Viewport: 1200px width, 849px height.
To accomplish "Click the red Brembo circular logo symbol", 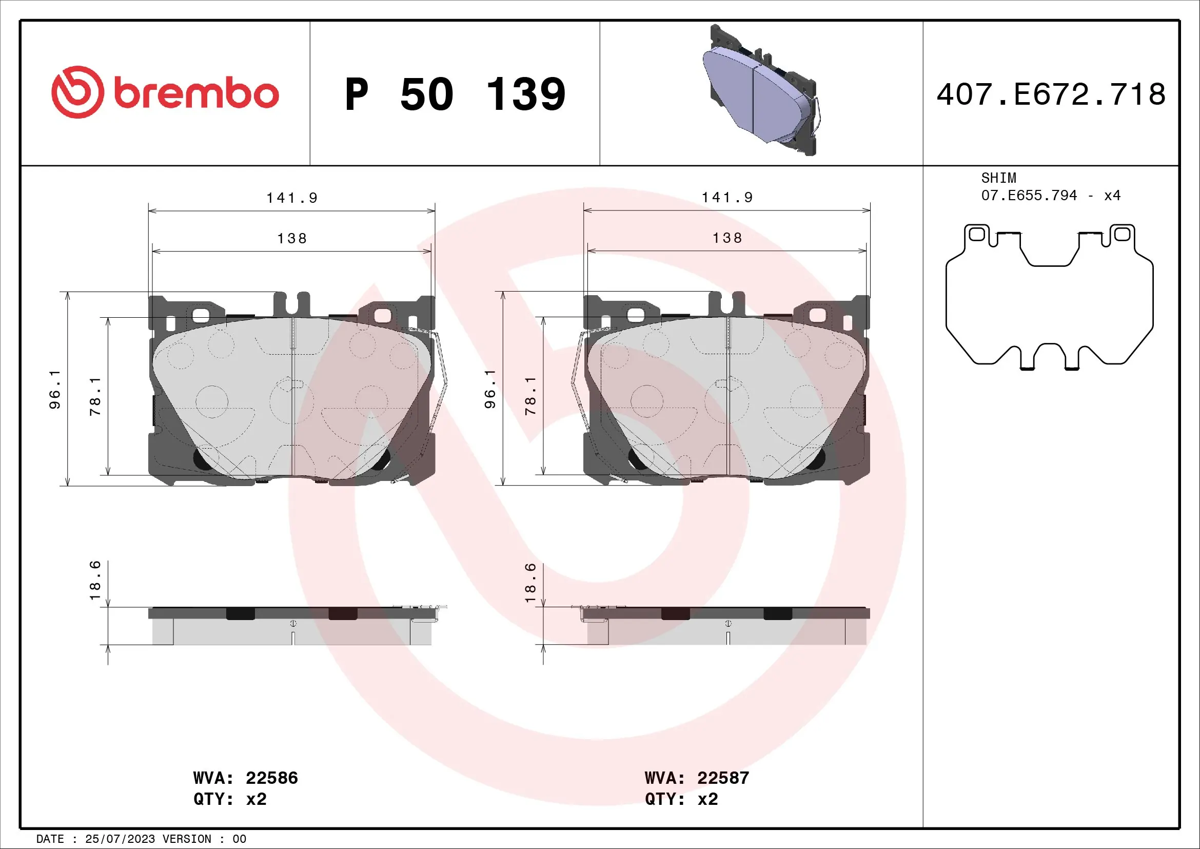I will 77,92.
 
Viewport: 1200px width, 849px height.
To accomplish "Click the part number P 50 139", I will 455,94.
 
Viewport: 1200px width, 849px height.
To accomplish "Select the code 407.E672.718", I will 1051,94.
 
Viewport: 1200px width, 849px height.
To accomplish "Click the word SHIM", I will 998,178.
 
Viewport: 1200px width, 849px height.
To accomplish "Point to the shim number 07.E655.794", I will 1029,196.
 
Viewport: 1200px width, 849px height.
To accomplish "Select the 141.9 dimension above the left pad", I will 291,198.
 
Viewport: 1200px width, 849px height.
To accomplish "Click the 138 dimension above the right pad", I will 727,238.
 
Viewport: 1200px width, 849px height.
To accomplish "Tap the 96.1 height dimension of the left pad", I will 54,390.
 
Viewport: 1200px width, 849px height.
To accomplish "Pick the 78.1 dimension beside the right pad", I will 530,396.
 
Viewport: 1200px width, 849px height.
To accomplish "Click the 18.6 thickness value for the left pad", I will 94,581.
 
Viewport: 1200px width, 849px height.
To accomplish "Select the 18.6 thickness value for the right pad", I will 530,583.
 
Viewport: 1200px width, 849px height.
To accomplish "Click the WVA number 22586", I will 272,778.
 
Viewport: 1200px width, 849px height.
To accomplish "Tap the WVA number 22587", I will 723,778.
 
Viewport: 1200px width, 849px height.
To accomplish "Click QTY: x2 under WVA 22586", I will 230,799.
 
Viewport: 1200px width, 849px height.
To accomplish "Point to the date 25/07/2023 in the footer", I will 120,839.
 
